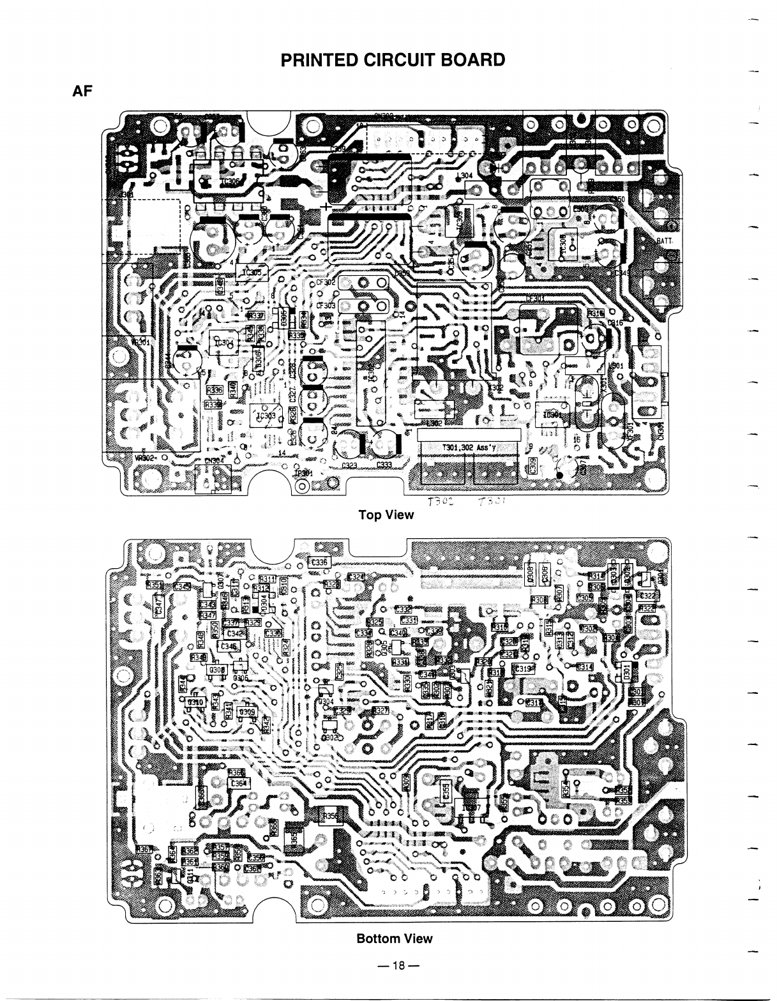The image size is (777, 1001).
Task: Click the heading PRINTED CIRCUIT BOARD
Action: point(393,60)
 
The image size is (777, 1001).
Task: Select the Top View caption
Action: point(386,515)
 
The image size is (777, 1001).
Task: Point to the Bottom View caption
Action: point(394,938)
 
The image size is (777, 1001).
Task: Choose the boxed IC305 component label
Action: point(252,273)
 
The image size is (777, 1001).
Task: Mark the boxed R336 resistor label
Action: point(213,389)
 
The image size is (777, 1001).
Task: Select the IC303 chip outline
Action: point(267,417)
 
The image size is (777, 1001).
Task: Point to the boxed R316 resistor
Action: point(596,313)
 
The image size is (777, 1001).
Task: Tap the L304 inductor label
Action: point(464,176)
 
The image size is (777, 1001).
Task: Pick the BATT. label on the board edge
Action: point(667,241)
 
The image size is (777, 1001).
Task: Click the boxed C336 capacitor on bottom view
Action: point(317,562)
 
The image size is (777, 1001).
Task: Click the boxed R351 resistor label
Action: point(155,585)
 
